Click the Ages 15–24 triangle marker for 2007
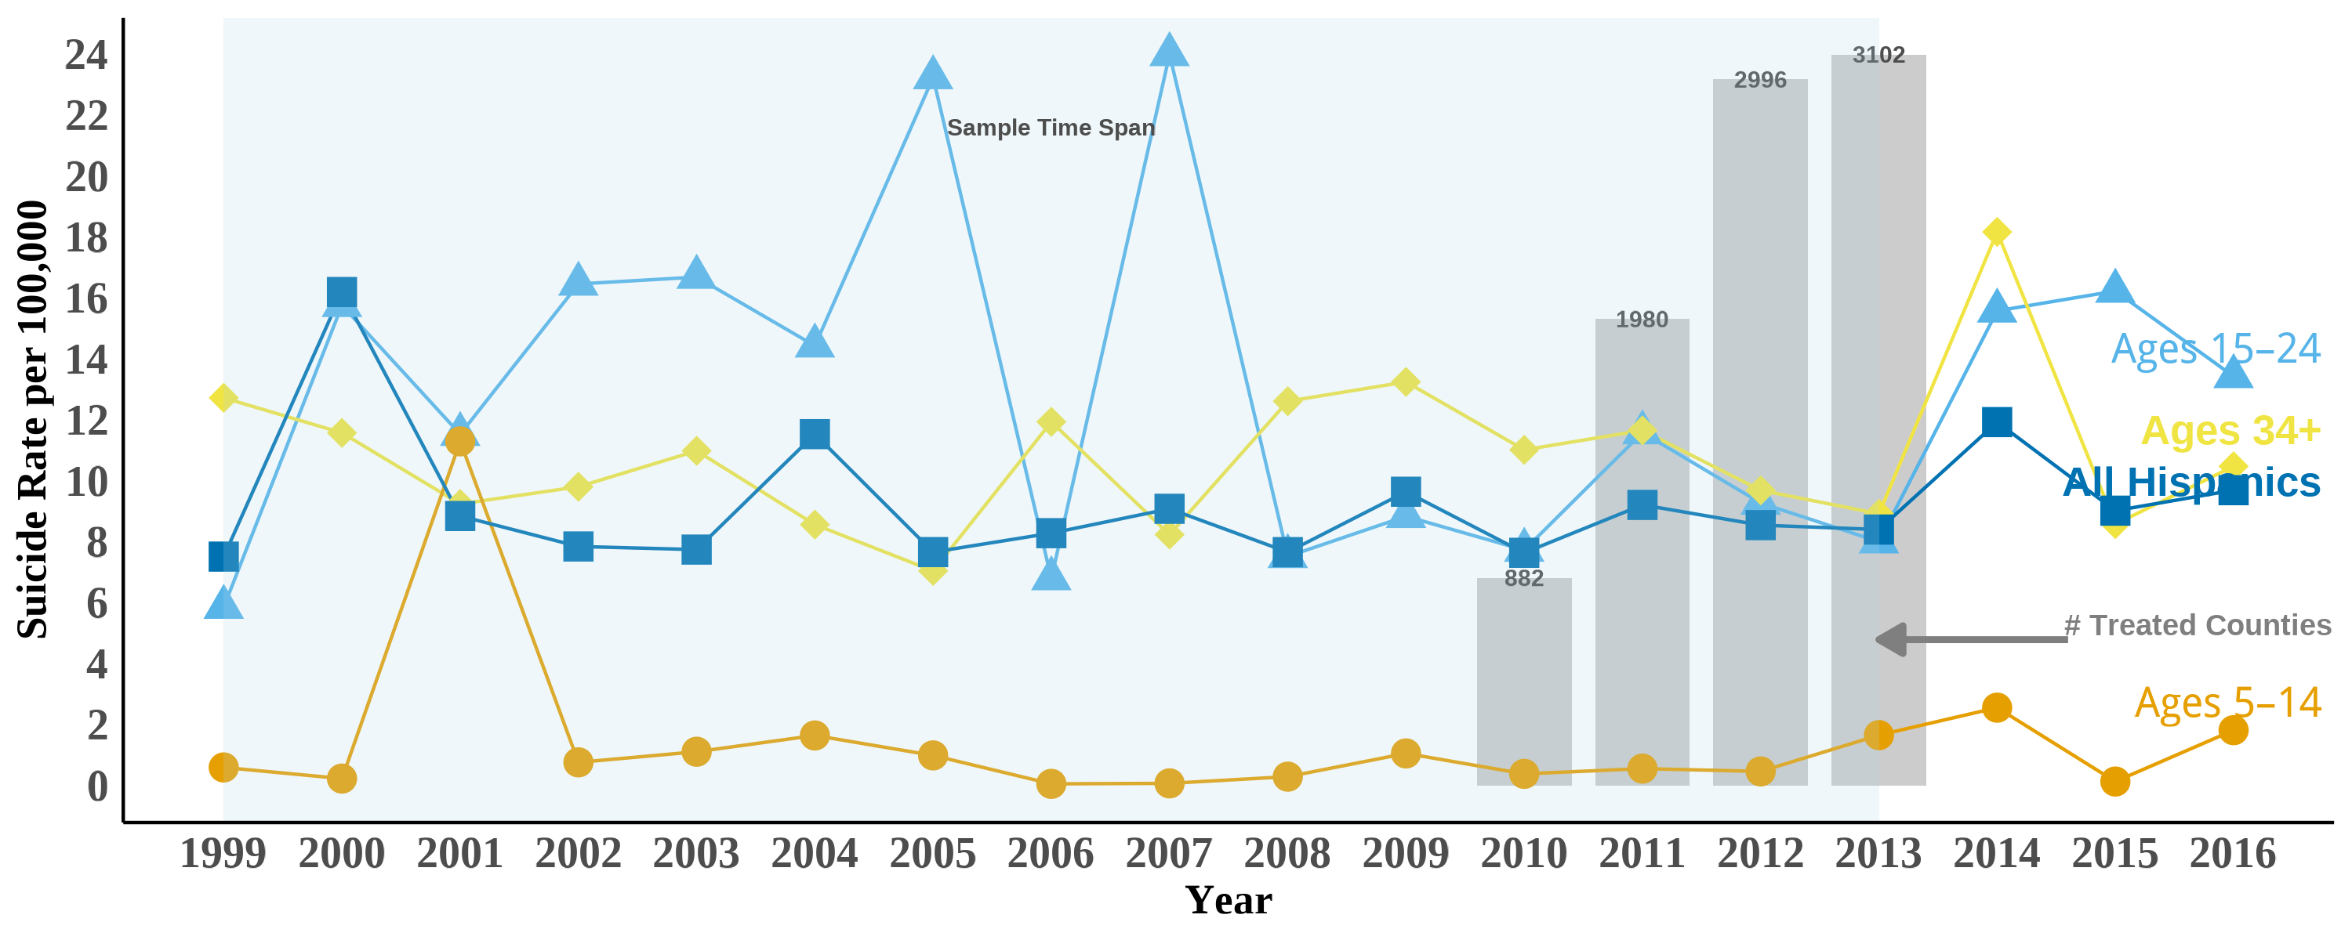click(1169, 51)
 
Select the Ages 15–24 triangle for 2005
click(932, 74)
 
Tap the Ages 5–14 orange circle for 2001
click(459, 441)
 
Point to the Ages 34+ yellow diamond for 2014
click(1997, 233)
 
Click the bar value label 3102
click(1878, 56)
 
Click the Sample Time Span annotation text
click(1050, 128)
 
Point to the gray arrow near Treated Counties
click(1973, 640)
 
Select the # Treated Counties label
click(2197, 625)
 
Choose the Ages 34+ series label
click(2230, 430)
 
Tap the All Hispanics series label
click(2191, 482)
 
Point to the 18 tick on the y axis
click(87, 239)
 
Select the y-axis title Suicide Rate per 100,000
click(33, 420)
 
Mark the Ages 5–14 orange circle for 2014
click(1997, 707)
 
